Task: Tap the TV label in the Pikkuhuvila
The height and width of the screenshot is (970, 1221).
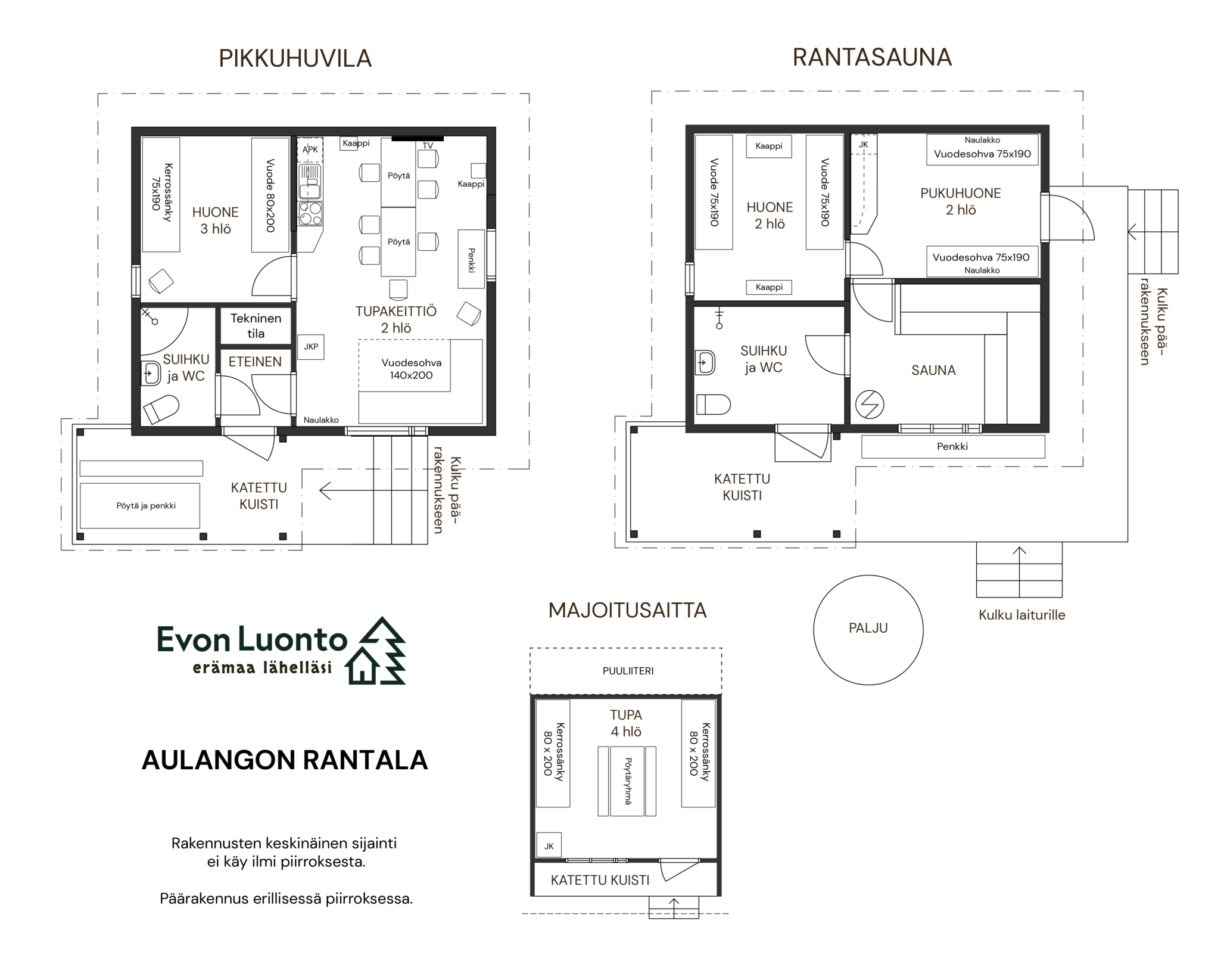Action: point(428,146)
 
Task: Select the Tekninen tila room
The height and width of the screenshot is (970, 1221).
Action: point(256,326)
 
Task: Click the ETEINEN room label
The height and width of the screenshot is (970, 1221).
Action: point(256,362)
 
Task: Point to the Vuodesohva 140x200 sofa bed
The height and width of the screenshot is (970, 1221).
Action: point(421,381)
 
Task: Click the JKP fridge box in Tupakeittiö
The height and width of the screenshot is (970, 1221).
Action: point(311,347)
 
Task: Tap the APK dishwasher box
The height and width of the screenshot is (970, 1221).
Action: point(310,150)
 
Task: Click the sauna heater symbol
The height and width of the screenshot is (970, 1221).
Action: point(869,405)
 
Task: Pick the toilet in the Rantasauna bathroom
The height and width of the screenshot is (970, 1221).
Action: point(713,405)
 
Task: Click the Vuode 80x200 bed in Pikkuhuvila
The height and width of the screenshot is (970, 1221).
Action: point(270,195)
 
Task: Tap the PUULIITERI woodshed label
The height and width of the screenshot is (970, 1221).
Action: point(628,671)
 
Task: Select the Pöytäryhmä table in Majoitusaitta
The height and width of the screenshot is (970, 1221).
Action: point(627,781)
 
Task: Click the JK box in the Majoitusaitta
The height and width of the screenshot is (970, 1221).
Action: point(549,845)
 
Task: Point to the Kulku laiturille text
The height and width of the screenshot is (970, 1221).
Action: point(1022,615)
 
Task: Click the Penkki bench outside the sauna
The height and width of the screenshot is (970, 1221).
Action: point(953,447)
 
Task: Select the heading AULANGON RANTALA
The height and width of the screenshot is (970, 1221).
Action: point(285,760)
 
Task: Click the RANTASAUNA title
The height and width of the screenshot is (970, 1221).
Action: point(872,57)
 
